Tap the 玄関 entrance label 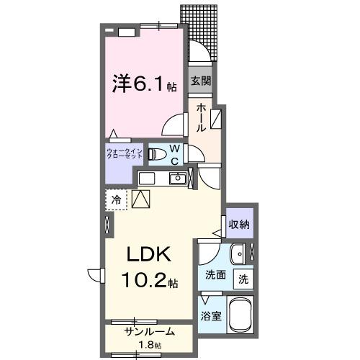pos(199,81)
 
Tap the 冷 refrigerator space pos(115,199)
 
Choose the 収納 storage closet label pos(239,224)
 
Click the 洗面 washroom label pos(215,274)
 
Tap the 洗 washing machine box pos(244,278)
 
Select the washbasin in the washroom pos(237,253)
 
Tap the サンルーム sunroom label pos(149,332)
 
